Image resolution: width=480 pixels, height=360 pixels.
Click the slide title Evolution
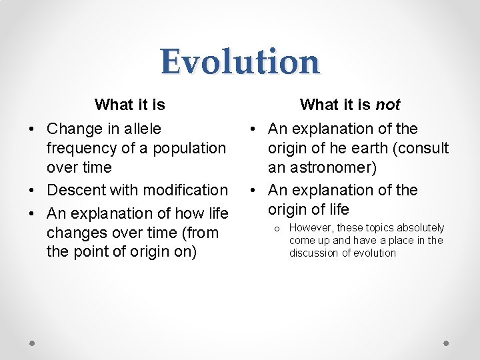click(240, 61)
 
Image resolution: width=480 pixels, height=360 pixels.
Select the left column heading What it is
click(130, 105)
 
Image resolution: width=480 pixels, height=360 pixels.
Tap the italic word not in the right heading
click(388, 105)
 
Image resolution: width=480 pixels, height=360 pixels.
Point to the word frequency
click(81, 148)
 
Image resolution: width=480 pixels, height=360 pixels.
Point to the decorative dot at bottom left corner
click(33, 343)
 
